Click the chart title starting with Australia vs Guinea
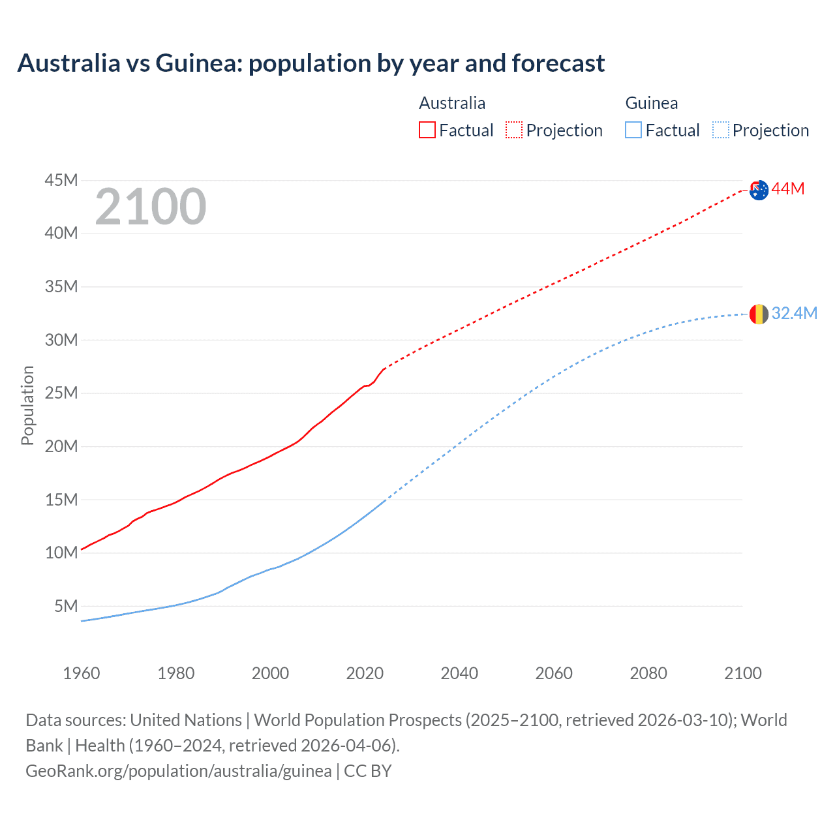point(311,63)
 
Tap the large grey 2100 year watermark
point(151,207)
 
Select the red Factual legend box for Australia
point(427,130)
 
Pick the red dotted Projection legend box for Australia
point(514,130)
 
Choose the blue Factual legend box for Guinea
point(633,130)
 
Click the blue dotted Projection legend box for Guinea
point(721,130)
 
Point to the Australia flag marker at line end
point(759,190)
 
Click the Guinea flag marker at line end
point(759,314)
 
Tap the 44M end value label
point(788,189)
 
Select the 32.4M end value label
point(795,314)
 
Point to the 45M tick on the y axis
point(61,180)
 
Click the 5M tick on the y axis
point(66,606)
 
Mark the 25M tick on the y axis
point(61,393)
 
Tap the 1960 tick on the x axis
point(82,673)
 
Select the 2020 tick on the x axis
point(365,673)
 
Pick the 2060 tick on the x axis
point(554,673)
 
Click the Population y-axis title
point(27,405)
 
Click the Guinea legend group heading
point(652,103)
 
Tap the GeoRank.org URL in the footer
point(179,771)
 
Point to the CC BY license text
point(368,771)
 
